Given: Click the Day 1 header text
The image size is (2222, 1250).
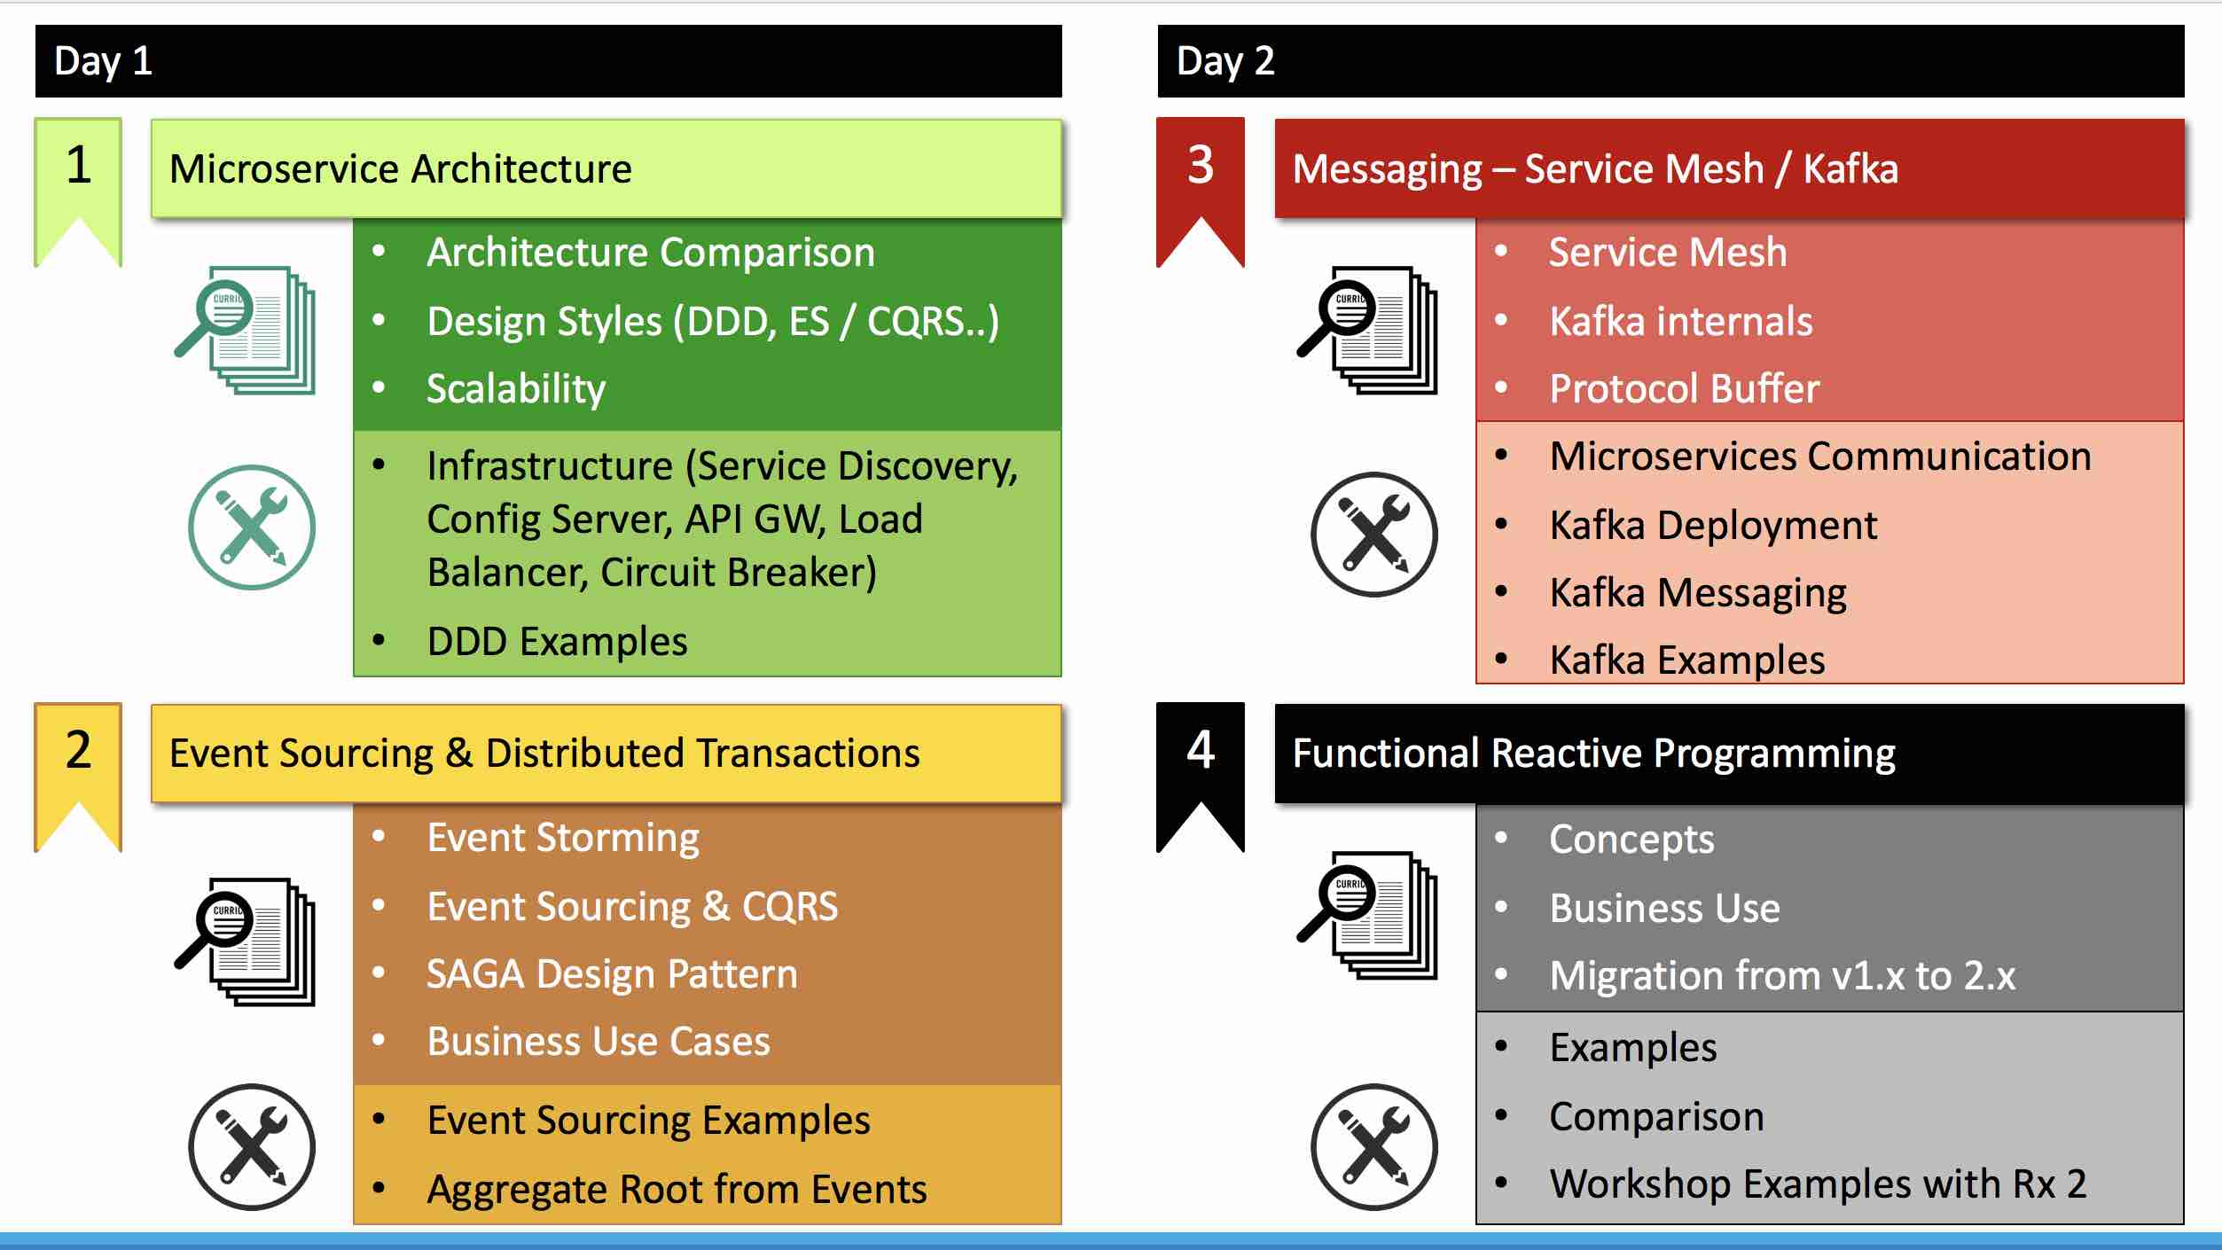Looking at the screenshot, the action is coord(103,62).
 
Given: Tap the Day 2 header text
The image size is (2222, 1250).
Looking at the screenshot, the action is coord(1225,62).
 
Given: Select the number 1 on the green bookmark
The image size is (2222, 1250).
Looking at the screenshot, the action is coord(78,165).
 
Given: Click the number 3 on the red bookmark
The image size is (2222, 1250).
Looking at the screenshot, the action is coord(1201,165).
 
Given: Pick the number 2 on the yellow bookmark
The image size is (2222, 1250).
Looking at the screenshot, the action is coord(78,750).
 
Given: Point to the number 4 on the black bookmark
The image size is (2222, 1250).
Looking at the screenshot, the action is coord(1201,750).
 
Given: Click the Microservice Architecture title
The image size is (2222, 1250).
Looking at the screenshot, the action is coord(401,168).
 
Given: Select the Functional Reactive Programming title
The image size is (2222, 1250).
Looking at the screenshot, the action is coord(1593,754).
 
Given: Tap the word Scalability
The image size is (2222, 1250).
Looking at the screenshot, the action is coord(516,389).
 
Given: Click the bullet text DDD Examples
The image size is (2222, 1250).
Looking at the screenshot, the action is coord(557,641).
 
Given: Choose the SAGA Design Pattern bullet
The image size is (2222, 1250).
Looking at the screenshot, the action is coord(612,974).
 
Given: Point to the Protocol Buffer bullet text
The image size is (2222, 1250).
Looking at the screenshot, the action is coord(1684,388).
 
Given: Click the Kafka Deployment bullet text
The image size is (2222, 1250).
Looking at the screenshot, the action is coord(1713,526).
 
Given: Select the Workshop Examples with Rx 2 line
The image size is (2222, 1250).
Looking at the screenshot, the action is coord(1818,1184).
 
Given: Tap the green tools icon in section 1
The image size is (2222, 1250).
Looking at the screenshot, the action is coord(252,527).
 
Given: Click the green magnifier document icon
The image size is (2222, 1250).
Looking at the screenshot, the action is coord(245,330).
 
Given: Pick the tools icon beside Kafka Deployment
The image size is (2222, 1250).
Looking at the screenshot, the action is coord(1374,535).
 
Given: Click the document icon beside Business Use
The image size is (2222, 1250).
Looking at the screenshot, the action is coord(1367,915).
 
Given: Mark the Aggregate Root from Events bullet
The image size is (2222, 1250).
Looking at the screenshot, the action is coord(677,1191).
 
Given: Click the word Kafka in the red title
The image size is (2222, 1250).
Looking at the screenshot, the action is coord(1850,168).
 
